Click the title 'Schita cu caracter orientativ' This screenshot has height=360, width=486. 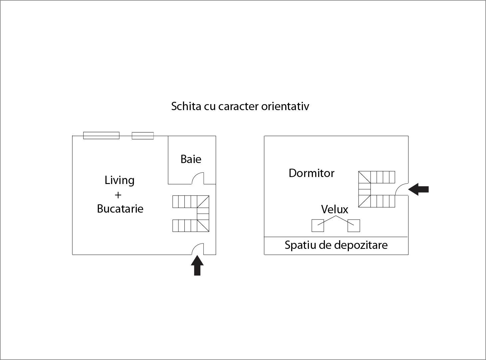[x=240, y=106]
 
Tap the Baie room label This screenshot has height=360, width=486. [x=191, y=159]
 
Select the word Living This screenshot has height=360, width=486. [x=120, y=180]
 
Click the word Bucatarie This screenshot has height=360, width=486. [x=120, y=209]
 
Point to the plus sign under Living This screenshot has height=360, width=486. [x=118, y=195]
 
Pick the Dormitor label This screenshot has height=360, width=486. [x=311, y=173]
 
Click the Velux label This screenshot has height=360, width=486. [x=335, y=209]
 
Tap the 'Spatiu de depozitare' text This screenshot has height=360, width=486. [x=336, y=245]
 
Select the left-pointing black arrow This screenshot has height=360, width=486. [x=418, y=189]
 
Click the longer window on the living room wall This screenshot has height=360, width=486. [x=101, y=135]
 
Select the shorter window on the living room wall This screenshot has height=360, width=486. [x=143, y=135]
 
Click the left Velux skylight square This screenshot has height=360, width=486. [x=318, y=226]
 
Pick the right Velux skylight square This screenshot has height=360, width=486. [x=354, y=226]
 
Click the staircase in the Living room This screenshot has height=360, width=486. [x=191, y=214]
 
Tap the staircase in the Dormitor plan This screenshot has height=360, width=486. [x=376, y=189]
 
